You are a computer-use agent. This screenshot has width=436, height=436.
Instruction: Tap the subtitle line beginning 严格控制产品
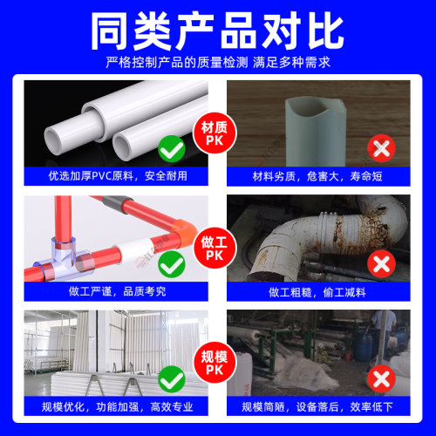click(217, 62)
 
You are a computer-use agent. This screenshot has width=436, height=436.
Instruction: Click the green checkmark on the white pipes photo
click(172, 150)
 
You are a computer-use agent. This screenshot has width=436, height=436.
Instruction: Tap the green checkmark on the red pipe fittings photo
click(172, 262)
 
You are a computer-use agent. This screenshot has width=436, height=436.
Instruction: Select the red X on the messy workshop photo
click(381, 378)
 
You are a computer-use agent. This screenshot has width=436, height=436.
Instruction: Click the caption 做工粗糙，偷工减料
click(318, 291)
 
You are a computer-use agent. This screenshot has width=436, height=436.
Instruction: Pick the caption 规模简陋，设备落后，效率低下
click(318, 406)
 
